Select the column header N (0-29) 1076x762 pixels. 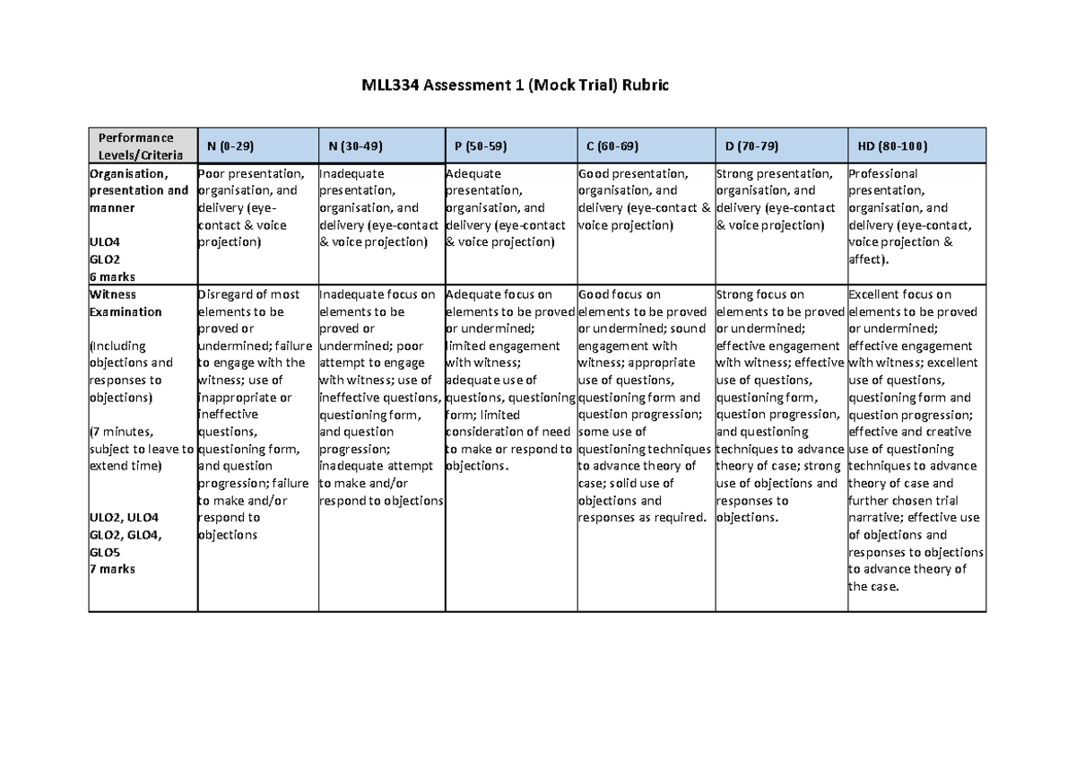click(230, 145)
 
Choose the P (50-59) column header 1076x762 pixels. click(481, 145)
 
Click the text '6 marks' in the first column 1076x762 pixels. click(111, 276)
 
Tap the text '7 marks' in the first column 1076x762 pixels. click(111, 568)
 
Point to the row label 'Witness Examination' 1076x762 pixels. click(126, 303)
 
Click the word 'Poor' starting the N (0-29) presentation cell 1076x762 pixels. click(212, 173)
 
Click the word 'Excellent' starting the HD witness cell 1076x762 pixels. click(873, 294)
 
